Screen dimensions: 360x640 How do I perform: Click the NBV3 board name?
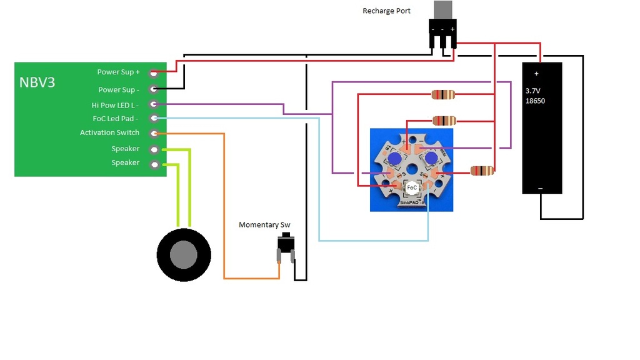click(37, 82)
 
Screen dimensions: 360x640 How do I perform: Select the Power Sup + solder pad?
click(153, 73)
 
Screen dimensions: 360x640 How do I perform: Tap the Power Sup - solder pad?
click(153, 89)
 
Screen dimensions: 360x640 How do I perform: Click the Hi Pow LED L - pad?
click(153, 104)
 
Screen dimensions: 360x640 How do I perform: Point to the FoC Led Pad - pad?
click(153, 118)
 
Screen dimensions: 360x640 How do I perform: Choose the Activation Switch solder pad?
click(153, 133)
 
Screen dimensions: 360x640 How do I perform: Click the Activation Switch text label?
click(109, 132)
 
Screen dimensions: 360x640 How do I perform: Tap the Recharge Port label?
click(386, 11)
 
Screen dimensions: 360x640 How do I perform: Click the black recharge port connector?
click(442, 31)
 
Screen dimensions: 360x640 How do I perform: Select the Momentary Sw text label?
click(264, 225)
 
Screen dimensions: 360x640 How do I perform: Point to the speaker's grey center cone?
click(184, 255)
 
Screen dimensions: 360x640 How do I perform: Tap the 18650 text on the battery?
click(535, 101)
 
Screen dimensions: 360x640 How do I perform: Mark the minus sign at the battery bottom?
click(540, 188)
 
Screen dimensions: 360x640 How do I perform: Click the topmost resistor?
click(443, 95)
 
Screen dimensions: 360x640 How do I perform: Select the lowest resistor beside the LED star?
click(482, 171)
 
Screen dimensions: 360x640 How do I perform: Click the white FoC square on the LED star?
click(412, 187)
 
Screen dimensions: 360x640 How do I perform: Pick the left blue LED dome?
click(394, 159)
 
